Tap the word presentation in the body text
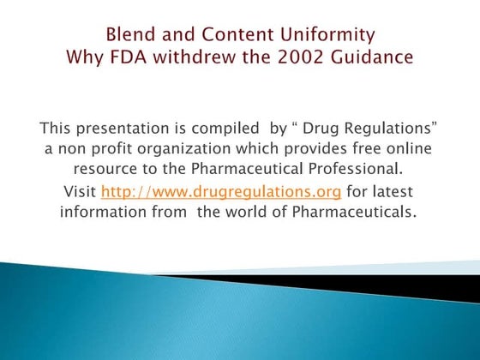pyautogui.click(x=123, y=129)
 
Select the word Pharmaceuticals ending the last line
pyautogui.click(x=351, y=211)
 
